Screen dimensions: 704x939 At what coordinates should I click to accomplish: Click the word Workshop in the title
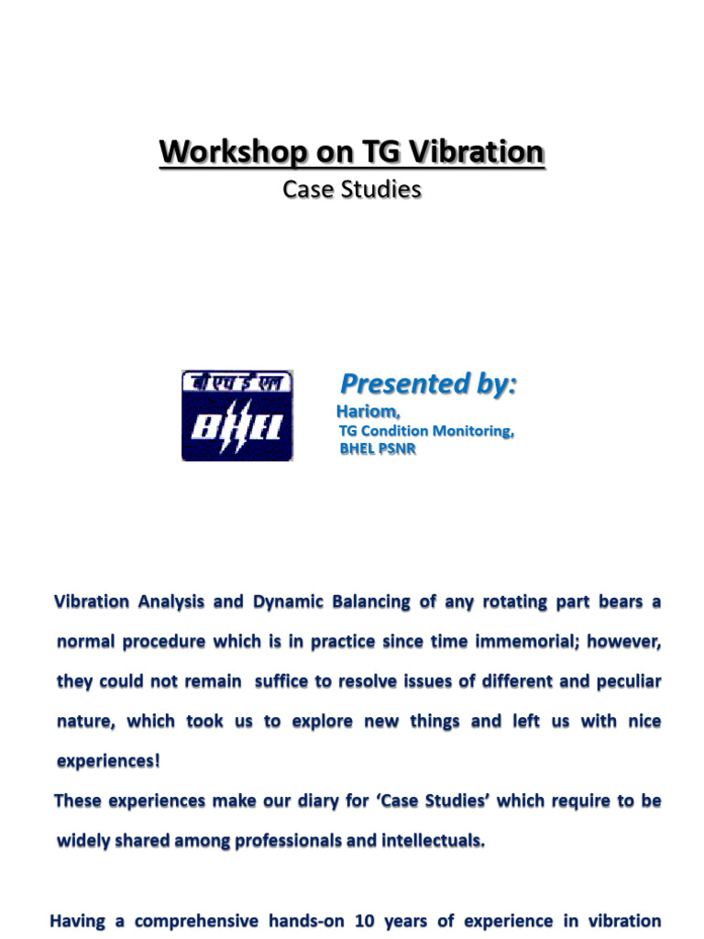click(x=234, y=152)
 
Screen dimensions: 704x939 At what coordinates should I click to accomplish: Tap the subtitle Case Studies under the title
click(x=352, y=189)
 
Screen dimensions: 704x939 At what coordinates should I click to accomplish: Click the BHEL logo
click(x=237, y=415)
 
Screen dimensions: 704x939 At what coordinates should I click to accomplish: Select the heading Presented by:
click(x=429, y=384)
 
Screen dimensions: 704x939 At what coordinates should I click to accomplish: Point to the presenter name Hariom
click(x=368, y=412)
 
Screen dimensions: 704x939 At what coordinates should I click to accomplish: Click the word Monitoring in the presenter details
click(x=473, y=431)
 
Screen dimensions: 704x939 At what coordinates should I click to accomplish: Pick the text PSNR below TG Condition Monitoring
click(x=397, y=448)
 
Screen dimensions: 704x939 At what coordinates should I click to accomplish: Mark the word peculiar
click(x=629, y=681)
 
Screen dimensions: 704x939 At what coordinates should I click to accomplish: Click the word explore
click(x=322, y=722)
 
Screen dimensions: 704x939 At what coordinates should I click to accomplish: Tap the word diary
click(x=317, y=801)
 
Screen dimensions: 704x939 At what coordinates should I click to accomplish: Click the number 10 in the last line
click(x=365, y=921)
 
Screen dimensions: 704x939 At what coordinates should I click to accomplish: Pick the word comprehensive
click(x=196, y=922)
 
